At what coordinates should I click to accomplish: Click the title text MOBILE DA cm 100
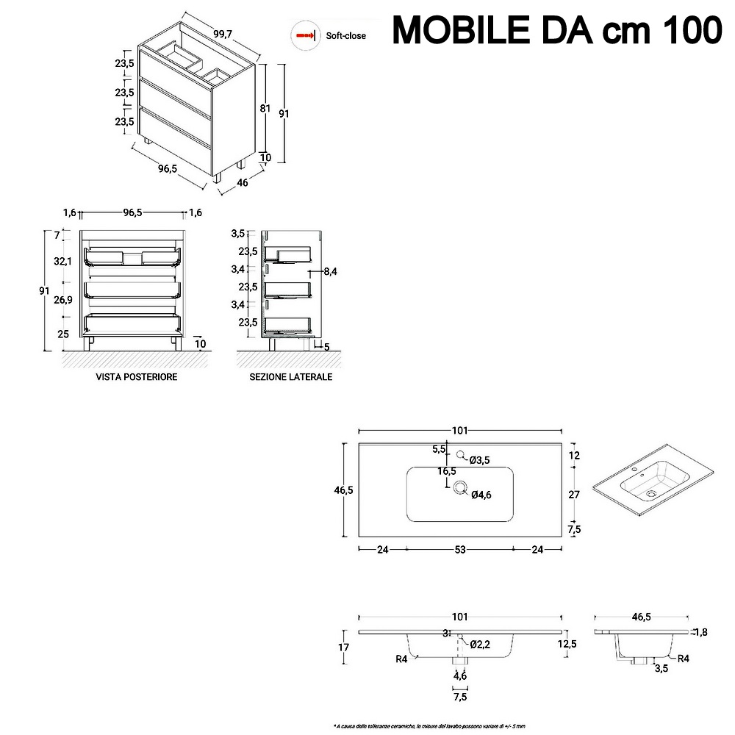556,30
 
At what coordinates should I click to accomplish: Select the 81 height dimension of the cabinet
266,108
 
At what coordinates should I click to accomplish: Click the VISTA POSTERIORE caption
137,377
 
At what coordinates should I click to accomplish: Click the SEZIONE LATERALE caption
290,377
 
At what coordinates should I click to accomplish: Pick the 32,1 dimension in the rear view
62,262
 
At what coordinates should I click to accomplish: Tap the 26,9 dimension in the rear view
62,299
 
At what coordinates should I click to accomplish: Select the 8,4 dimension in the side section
330,272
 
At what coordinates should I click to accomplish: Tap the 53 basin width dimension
460,548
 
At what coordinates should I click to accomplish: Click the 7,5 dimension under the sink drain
460,696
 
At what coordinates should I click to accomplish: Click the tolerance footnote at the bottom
429,726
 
